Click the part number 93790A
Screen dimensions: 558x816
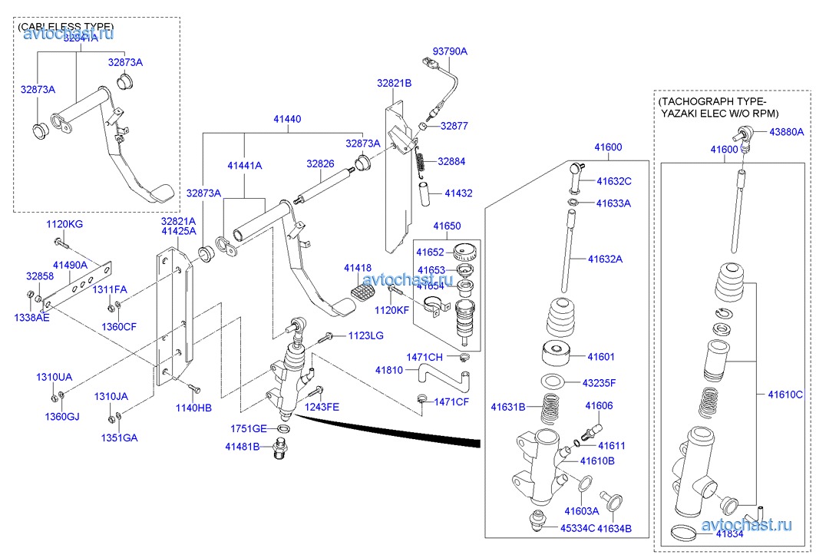(450, 51)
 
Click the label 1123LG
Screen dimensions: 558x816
(365, 335)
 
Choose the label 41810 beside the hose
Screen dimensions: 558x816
(389, 371)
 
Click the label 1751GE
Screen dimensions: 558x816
(249, 428)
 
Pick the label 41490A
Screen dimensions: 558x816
(71, 264)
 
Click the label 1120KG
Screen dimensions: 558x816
(64, 224)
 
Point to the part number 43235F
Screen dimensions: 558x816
(599, 382)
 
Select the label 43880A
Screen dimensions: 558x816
(784, 132)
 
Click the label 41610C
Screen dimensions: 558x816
(785, 395)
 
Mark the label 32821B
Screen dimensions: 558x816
(394, 83)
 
